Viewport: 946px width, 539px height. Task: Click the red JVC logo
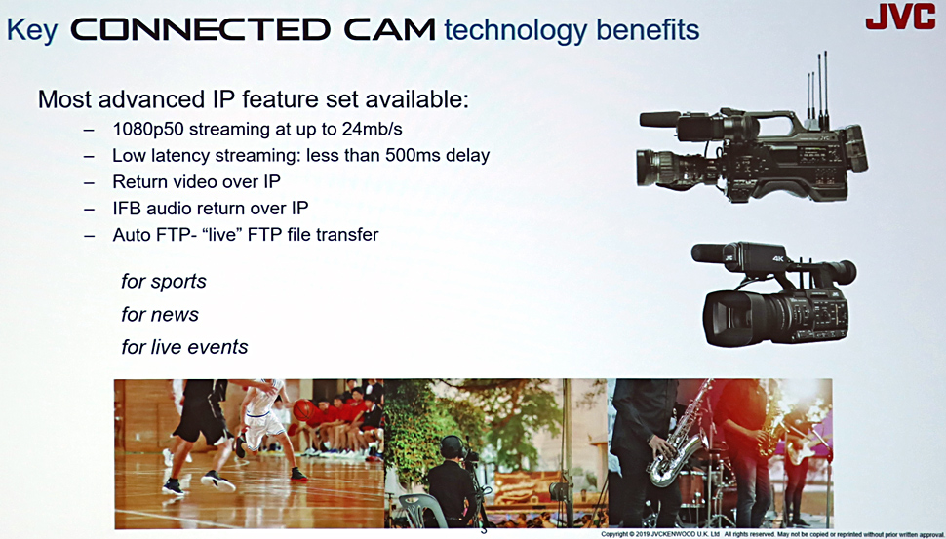pos(900,16)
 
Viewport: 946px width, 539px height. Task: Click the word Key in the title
pos(32,29)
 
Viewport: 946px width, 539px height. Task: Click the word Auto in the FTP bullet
pos(132,235)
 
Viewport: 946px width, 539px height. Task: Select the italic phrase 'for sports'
pos(164,282)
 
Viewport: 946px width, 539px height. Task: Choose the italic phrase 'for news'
pos(160,314)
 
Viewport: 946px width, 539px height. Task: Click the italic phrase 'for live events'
pos(184,347)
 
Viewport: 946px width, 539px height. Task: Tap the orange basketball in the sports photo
pos(304,410)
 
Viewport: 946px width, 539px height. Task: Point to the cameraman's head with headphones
pos(452,447)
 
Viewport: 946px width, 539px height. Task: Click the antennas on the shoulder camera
pos(817,90)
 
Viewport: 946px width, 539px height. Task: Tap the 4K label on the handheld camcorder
pos(777,259)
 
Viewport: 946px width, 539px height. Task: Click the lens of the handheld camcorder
pos(730,318)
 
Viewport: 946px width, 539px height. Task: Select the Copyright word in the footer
pos(617,534)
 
